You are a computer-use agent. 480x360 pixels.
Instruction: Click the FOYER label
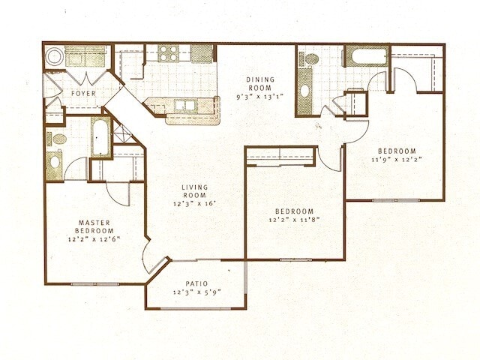pos(82,94)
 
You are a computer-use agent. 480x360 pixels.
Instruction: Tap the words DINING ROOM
pos(261,83)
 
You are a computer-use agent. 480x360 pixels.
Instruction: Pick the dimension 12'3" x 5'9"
pos(197,292)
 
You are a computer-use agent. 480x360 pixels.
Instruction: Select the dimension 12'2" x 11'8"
pos(293,220)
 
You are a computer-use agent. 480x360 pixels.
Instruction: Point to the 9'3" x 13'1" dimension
pos(261,96)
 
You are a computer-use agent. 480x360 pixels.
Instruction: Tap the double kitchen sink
pos(184,106)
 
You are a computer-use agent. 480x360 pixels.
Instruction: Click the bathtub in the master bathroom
pos(101,138)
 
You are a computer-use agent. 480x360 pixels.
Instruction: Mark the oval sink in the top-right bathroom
pos(305,91)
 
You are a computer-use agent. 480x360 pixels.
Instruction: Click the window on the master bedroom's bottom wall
pos(94,283)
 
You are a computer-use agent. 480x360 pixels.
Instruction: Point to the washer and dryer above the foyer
pos(86,57)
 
